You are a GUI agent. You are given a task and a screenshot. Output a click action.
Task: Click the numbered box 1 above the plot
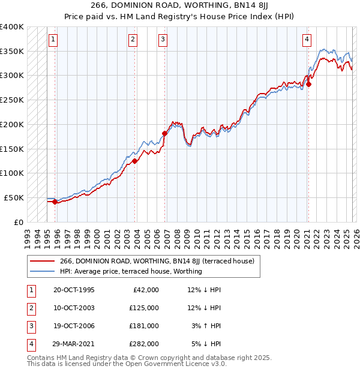[53, 40]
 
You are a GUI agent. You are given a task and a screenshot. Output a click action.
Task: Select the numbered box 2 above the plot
[133, 40]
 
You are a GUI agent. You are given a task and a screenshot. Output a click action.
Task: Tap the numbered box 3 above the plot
[163, 40]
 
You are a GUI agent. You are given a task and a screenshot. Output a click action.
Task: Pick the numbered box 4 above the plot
[307, 40]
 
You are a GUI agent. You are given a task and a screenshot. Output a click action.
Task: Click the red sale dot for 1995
[55, 202]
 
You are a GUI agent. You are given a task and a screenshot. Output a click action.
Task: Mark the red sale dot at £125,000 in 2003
[135, 161]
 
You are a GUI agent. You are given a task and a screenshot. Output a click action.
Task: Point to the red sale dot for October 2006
[164, 133]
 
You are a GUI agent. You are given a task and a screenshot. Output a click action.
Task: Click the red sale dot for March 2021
[308, 84]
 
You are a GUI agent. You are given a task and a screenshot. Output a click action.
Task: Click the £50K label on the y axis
[14, 197]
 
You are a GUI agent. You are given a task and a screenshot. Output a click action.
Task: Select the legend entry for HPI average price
[131, 271]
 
